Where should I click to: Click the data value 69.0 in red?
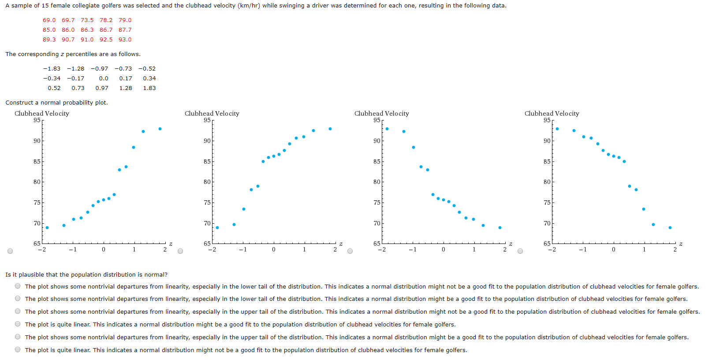pyautogui.click(x=49, y=20)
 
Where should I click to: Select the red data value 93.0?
pyautogui.click(x=125, y=40)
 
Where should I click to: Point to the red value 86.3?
pyautogui.click(x=87, y=30)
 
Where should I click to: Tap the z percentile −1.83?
pyautogui.click(x=52, y=69)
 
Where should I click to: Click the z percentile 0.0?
pyautogui.click(x=104, y=79)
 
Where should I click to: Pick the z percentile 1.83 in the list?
pyautogui.click(x=149, y=88)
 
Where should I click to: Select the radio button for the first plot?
pyautogui.click(x=10, y=251)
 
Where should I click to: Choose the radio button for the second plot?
pyautogui.click(x=180, y=251)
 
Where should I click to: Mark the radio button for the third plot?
pyautogui.click(x=350, y=251)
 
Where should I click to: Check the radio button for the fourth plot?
pyautogui.click(x=520, y=251)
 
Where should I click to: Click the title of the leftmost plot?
pyautogui.click(x=42, y=113)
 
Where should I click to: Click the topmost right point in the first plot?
pyautogui.click(x=160, y=129)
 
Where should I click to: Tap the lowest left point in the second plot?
pyautogui.click(x=217, y=228)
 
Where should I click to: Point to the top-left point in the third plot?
pyautogui.click(x=387, y=129)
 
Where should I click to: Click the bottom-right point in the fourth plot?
pyautogui.click(x=670, y=228)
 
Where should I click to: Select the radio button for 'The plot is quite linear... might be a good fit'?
pyautogui.click(x=18, y=324)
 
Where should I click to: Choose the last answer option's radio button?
pyautogui.click(x=18, y=349)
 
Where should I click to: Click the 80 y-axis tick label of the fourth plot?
pyautogui.click(x=547, y=182)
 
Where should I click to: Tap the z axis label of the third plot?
pyautogui.click(x=511, y=244)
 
